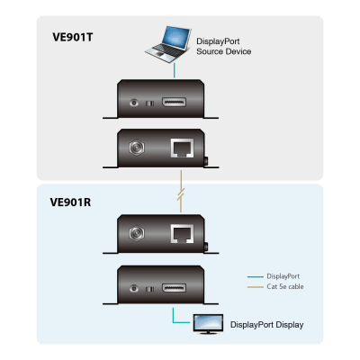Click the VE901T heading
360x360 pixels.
coord(73,37)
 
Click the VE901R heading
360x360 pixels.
coord(70,202)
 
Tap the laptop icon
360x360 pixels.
coord(168,44)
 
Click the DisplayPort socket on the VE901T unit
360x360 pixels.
coord(174,103)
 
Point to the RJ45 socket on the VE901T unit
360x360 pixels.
coord(182,148)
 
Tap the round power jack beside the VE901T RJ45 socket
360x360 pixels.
coord(137,148)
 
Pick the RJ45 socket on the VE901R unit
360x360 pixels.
coord(182,234)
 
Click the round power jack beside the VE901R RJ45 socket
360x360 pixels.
coord(137,233)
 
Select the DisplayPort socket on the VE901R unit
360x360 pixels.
coord(174,288)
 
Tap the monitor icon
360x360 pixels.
coord(208,324)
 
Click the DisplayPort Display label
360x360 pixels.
coord(266,325)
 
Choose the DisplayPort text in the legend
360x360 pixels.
coord(283,276)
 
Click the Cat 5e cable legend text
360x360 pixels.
coord(285,286)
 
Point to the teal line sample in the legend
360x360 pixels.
coord(256,276)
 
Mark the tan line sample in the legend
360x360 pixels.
coord(256,287)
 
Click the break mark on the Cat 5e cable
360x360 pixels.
coord(181,194)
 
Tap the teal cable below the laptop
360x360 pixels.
coord(175,71)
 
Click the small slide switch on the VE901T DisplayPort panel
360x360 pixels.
coord(149,103)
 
